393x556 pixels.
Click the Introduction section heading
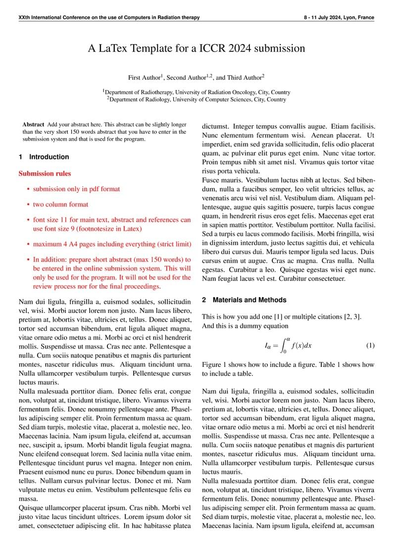click(x=49, y=157)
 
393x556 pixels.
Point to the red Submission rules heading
click(x=45, y=174)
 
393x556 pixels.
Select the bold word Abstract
click(x=33, y=125)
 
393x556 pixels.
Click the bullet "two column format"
click(x=60, y=204)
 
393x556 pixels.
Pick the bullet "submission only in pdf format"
click(x=76, y=189)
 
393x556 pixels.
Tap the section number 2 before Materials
click(x=204, y=300)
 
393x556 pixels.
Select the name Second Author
click(x=186, y=78)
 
